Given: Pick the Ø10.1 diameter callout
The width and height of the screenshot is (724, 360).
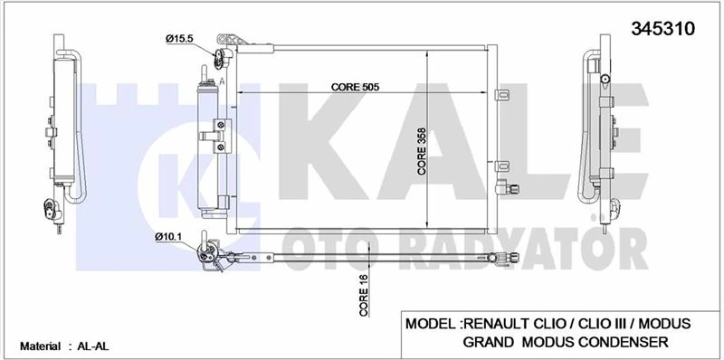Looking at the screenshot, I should pos(170,237).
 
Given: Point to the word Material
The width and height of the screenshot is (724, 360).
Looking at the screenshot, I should pos(33,346).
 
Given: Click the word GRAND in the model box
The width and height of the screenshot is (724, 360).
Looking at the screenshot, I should pos(490,342).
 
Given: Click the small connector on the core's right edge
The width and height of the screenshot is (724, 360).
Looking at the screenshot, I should pos(512,190).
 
